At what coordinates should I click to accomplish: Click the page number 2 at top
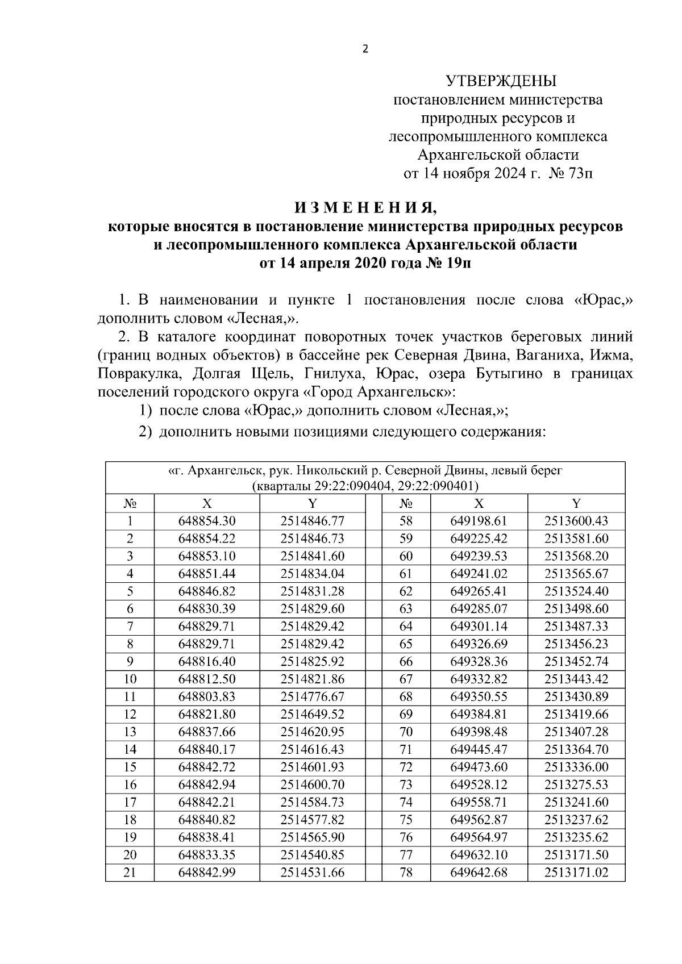pos(365,49)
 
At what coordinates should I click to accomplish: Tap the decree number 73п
pos(580,173)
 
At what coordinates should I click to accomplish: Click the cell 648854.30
pos(206,521)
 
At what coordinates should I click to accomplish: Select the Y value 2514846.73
pos(312,539)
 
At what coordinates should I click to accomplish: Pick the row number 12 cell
pos(130,714)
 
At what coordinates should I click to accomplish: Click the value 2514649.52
pos(312,714)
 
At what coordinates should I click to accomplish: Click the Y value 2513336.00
pos(576,767)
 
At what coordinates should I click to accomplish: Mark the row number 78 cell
pos(406,872)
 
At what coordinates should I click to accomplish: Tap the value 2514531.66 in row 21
pos(312,872)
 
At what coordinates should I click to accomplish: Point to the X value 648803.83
pos(206,696)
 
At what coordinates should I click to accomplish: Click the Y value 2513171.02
pos(576,872)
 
